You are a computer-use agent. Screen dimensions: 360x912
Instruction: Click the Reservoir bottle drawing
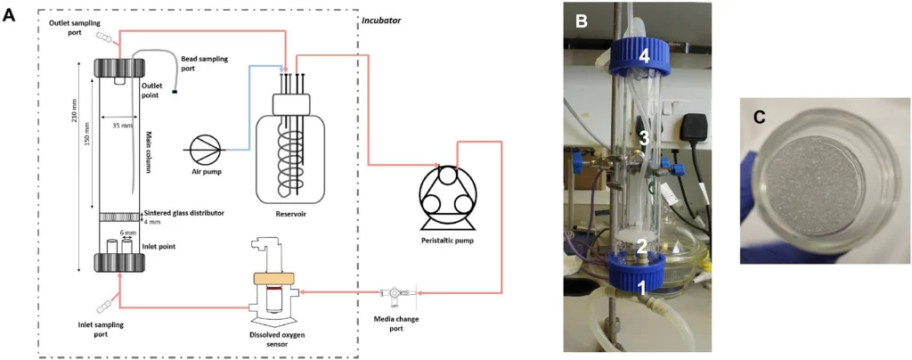[x=288, y=147]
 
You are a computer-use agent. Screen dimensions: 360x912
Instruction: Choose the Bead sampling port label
[x=204, y=63]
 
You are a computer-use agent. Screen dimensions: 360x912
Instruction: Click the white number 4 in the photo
[x=643, y=55]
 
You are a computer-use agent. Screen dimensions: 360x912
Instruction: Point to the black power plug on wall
[x=692, y=129]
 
